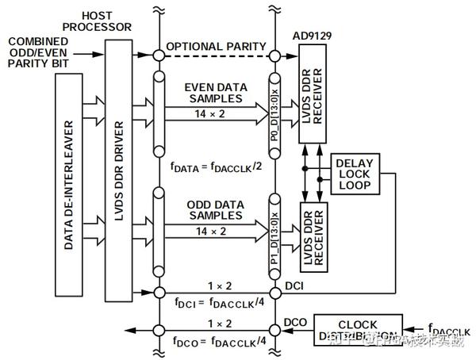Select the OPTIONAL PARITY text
point(217,46)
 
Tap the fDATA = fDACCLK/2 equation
point(217,167)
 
